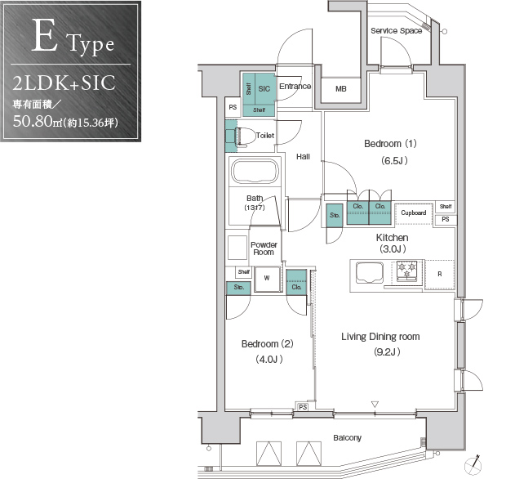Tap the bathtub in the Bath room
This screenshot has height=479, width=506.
point(255,171)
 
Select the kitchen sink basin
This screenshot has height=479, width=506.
point(370,272)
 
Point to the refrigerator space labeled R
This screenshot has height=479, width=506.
point(440,274)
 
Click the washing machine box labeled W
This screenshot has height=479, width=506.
point(267,279)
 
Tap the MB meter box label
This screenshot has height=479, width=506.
point(341,88)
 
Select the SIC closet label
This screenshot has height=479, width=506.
point(264,88)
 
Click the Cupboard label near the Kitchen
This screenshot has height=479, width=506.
point(414,213)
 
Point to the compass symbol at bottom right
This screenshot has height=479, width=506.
point(473,465)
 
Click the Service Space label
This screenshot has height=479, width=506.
point(397,31)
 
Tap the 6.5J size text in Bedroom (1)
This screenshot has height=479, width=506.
point(394,161)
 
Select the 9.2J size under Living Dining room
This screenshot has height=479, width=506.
point(387,351)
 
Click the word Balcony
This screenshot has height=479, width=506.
point(347,438)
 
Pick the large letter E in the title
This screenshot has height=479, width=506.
point(45,35)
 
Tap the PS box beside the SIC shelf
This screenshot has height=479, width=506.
point(233,107)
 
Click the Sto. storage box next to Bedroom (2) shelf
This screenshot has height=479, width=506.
point(238,288)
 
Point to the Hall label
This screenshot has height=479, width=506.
point(303,157)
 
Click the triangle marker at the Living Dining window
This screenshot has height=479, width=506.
point(375,404)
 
